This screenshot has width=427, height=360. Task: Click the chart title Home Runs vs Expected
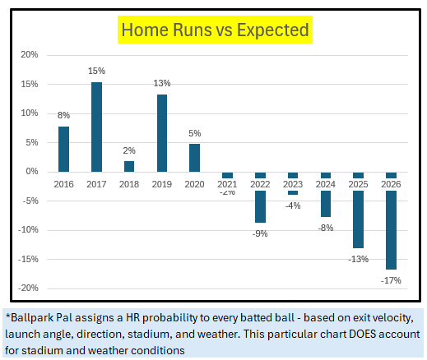tap(215, 30)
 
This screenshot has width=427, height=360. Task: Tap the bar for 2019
tap(162, 133)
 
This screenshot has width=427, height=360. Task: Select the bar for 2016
tap(63, 149)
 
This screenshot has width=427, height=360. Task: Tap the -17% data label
tap(392, 279)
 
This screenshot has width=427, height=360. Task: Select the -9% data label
tap(260, 233)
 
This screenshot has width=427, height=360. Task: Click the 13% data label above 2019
tap(162, 84)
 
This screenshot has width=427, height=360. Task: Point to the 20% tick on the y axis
tap(29, 55)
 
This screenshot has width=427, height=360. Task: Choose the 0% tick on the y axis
tap(31, 172)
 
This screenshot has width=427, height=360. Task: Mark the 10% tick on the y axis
tap(29, 113)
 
